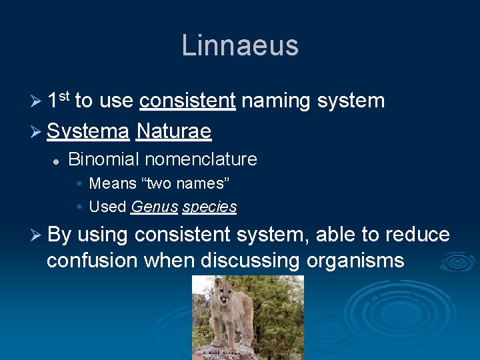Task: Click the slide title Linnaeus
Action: click(x=240, y=45)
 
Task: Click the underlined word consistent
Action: click(x=187, y=101)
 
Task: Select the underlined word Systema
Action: click(x=88, y=131)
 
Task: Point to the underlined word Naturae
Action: click(x=173, y=131)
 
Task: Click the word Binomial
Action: click(x=103, y=159)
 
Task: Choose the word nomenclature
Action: click(x=201, y=159)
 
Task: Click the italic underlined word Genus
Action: click(x=154, y=207)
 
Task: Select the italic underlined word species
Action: click(x=209, y=207)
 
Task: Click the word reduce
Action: click(x=417, y=235)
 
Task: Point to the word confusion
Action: click(x=93, y=260)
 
